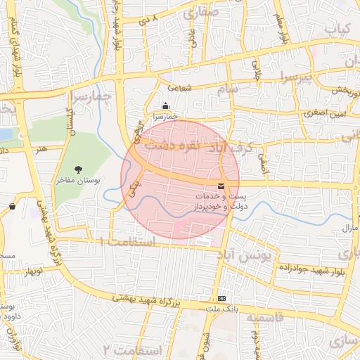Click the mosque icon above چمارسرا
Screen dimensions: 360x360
pos(165,106)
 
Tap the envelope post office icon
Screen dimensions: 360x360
pos(221,186)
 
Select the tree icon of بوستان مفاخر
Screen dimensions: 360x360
pos(77,169)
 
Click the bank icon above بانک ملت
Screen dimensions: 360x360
pos(222,298)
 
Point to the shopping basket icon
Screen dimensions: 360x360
pos(13,206)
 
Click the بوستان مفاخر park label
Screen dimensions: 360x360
pos(78,181)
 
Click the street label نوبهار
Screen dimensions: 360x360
pos(34,271)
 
